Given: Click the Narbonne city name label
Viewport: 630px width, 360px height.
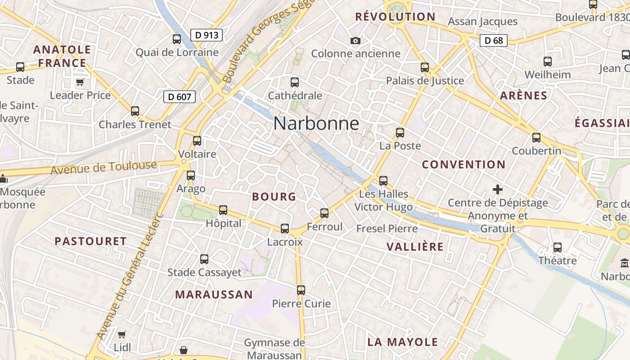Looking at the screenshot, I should point(316,123).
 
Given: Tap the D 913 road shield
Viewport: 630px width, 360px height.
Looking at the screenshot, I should point(207,35).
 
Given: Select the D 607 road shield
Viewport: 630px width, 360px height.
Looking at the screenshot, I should point(179,96).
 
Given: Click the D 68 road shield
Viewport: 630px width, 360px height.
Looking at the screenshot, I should point(493,40).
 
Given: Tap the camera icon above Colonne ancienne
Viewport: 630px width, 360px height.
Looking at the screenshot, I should point(355,41).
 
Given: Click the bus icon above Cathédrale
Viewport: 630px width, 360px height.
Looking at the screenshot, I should point(295,82).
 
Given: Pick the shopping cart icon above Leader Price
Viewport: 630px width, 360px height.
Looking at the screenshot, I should point(80,82).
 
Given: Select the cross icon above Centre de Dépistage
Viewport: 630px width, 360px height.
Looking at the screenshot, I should point(498,189).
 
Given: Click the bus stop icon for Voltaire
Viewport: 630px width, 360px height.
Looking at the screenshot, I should point(197,141).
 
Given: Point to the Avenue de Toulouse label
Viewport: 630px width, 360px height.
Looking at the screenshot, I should point(103,168).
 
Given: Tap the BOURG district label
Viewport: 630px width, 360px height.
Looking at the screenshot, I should point(274,197).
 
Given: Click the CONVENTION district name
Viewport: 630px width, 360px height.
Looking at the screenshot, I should point(463,165).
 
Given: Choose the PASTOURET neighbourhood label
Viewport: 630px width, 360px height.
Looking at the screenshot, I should point(90,241).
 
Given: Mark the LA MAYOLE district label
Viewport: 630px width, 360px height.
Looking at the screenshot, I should point(403,342).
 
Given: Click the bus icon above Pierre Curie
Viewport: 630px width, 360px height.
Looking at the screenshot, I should point(301,290).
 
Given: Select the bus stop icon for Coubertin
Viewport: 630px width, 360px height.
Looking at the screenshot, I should point(536,138).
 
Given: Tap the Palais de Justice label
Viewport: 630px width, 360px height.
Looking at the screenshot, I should point(425,81).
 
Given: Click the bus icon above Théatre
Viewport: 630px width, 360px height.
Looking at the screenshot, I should point(558,247).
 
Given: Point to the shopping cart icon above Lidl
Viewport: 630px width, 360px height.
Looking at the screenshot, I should point(121,334).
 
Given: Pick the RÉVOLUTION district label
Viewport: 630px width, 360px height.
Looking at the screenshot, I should point(395,17).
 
